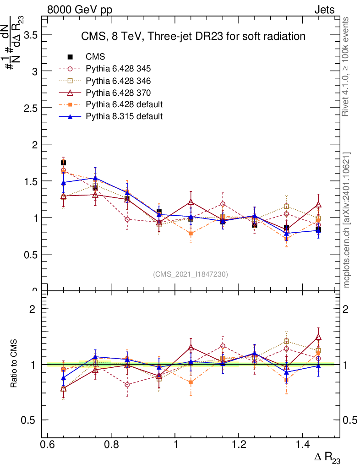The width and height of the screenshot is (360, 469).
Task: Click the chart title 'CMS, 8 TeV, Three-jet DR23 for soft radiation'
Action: tap(193, 36)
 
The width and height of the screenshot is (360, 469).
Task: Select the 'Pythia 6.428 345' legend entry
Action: tap(118, 69)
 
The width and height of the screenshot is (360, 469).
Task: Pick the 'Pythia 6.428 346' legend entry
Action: tap(118, 81)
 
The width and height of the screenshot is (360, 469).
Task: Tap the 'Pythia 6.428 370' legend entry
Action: tap(118, 93)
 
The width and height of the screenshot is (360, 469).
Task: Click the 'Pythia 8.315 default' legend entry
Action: tap(124, 116)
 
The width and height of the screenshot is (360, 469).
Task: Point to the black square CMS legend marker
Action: tap(70, 57)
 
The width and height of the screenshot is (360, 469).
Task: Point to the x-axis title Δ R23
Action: tap(327, 458)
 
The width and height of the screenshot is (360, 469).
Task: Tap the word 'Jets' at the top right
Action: tap(324, 10)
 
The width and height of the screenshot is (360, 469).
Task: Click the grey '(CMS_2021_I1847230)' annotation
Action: tap(191, 274)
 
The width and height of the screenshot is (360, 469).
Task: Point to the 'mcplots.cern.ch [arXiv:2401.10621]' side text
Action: tap(347, 220)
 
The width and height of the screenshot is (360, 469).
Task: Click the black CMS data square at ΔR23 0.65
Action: tap(63, 163)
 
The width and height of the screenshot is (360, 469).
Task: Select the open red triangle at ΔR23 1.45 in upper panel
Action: tap(318, 204)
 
